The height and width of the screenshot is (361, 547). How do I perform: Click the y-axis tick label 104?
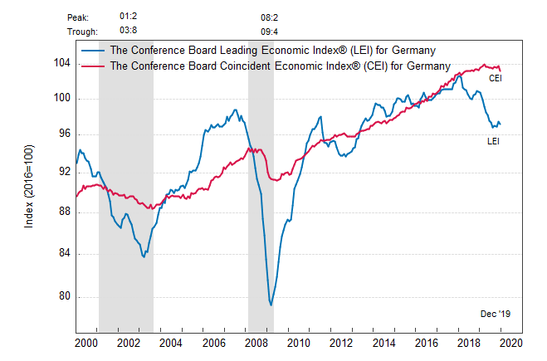(61, 63)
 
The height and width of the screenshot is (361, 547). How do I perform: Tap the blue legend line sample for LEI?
(92, 50)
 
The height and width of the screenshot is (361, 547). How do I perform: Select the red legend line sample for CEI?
(92, 65)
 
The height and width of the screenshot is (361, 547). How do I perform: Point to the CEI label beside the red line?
(495, 78)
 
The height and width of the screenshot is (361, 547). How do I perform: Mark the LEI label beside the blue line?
(493, 141)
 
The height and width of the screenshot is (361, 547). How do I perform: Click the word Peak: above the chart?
(78, 17)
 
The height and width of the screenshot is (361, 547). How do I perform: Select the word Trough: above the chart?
(82, 32)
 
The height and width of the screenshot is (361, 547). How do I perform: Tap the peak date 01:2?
(129, 17)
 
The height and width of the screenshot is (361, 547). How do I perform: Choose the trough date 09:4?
(270, 32)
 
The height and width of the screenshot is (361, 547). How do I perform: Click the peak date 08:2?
(270, 17)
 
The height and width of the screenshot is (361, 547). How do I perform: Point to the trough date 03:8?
(129, 32)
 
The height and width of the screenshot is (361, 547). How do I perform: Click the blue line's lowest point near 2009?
(271, 305)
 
